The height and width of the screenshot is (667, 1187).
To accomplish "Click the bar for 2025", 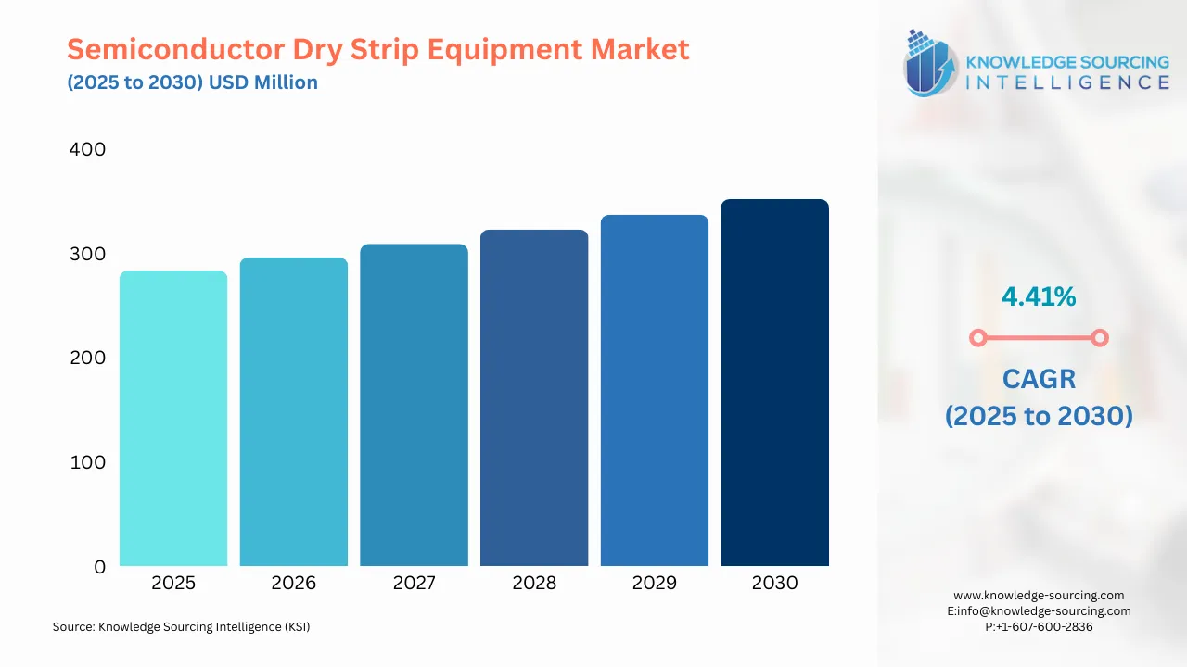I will [173, 418].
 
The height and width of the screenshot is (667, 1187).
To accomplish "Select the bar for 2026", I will [294, 411].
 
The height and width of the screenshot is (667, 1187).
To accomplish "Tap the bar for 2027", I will [414, 405].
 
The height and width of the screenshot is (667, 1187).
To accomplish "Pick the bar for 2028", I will [534, 397].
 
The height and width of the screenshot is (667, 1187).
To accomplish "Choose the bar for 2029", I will [655, 390].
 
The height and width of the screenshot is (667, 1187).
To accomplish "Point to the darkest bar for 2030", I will [774, 383].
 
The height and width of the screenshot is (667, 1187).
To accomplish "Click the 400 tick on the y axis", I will [88, 149].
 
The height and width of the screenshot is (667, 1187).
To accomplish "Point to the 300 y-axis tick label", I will [88, 254].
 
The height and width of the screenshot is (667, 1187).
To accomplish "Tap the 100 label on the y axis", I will [88, 462].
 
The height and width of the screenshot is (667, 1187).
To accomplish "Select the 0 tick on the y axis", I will [100, 567].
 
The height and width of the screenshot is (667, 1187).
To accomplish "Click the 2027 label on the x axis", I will [414, 583].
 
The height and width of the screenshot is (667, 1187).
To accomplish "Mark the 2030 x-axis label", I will [774, 583].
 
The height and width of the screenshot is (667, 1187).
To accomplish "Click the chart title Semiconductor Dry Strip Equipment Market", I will [378, 48].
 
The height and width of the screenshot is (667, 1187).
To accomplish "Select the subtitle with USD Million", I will [192, 82].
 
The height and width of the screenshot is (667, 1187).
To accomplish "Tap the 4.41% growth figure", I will [1039, 296].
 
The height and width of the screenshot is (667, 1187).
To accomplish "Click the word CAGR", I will [1039, 379].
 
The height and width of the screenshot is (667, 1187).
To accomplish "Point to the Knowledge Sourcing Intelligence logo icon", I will [931, 63].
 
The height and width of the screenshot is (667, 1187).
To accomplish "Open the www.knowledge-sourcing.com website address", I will [1039, 596].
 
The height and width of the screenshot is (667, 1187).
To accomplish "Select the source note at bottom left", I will [181, 627].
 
